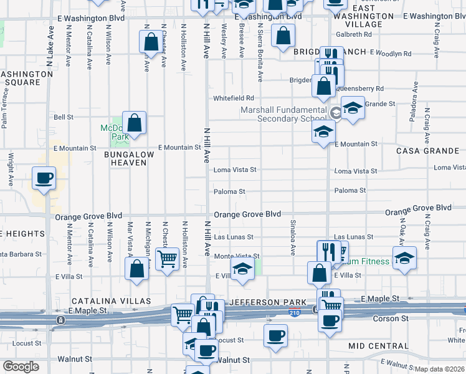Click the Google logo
[21, 367]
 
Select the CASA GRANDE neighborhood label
[427, 151]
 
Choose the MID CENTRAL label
[378, 346]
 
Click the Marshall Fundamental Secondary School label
[283, 114]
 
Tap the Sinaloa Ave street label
[292, 237]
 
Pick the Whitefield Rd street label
[234, 98]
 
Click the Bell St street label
[64, 117]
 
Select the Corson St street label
[391, 319]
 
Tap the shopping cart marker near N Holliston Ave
[166, 259]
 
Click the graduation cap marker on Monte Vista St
[241, 269]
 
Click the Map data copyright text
[440, 369]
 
